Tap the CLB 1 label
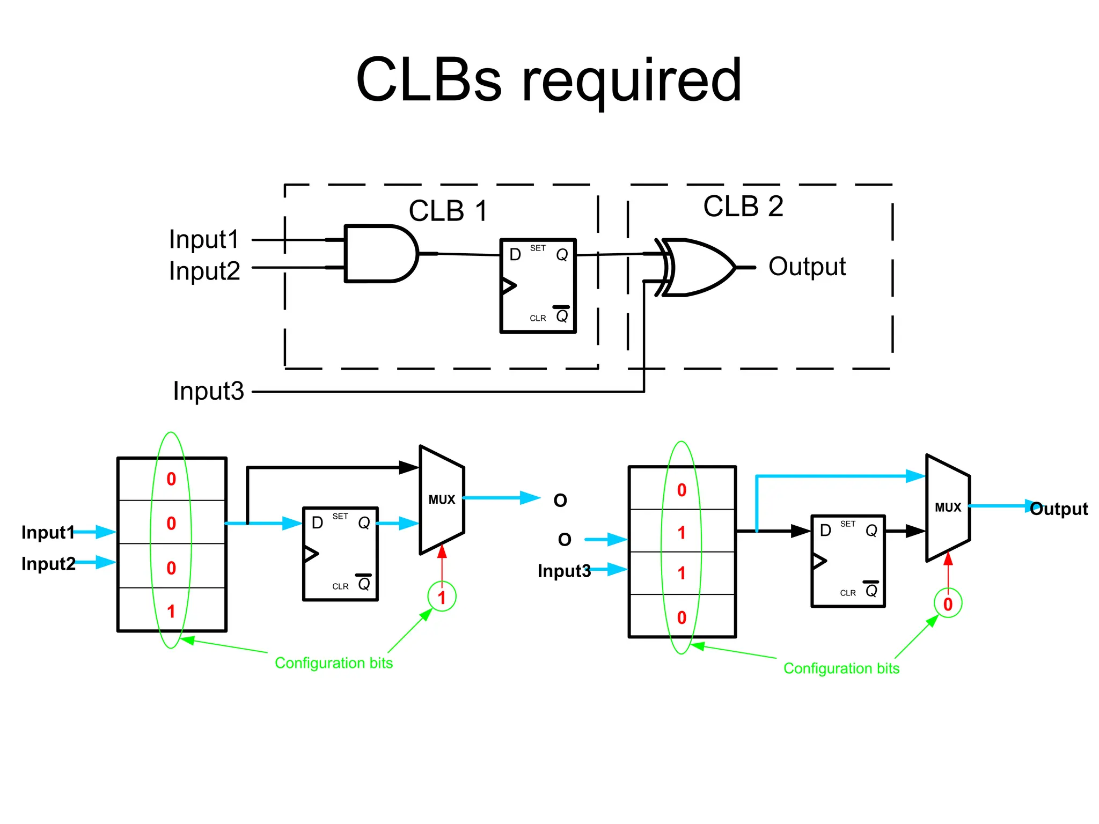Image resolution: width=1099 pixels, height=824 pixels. [x=448, y=211]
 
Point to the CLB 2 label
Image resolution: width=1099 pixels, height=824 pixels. [x=743, y=207]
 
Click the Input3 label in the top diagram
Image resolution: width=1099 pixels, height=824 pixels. [x=208, y=391]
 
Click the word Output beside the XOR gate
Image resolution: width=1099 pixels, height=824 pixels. [x=807, y=267]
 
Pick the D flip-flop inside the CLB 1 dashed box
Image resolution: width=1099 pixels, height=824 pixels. [x=538, y=286]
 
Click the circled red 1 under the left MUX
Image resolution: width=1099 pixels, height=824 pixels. [x=442, y=597]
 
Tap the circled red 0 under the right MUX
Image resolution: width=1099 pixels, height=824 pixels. [x=948, y=604]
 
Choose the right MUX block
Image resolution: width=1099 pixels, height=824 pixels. [x=948, y=507]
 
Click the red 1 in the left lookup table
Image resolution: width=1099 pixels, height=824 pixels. [x=171, y=611]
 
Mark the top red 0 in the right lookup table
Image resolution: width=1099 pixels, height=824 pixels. [x=682, y=490]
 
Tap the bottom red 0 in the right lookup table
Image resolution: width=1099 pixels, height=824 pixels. [x=682, y=617]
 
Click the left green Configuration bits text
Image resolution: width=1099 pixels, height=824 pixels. [x=333, y=663]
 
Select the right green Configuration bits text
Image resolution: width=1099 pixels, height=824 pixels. [x=841, y=668]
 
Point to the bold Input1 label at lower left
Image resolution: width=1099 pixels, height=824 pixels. [x=47, y=532]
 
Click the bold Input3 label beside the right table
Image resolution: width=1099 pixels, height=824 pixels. [x=563, y=571]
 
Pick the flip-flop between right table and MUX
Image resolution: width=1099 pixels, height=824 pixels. [x=847, y=561]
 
